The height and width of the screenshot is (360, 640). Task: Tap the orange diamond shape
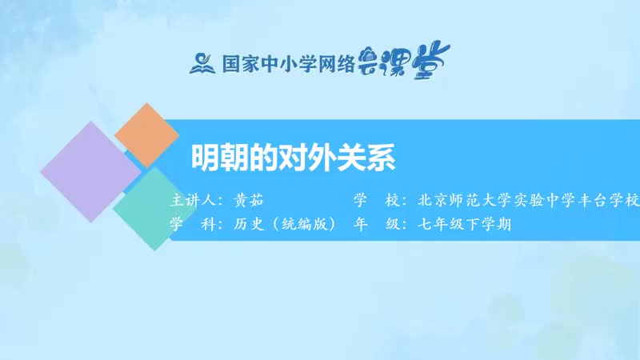tap(146, 134)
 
